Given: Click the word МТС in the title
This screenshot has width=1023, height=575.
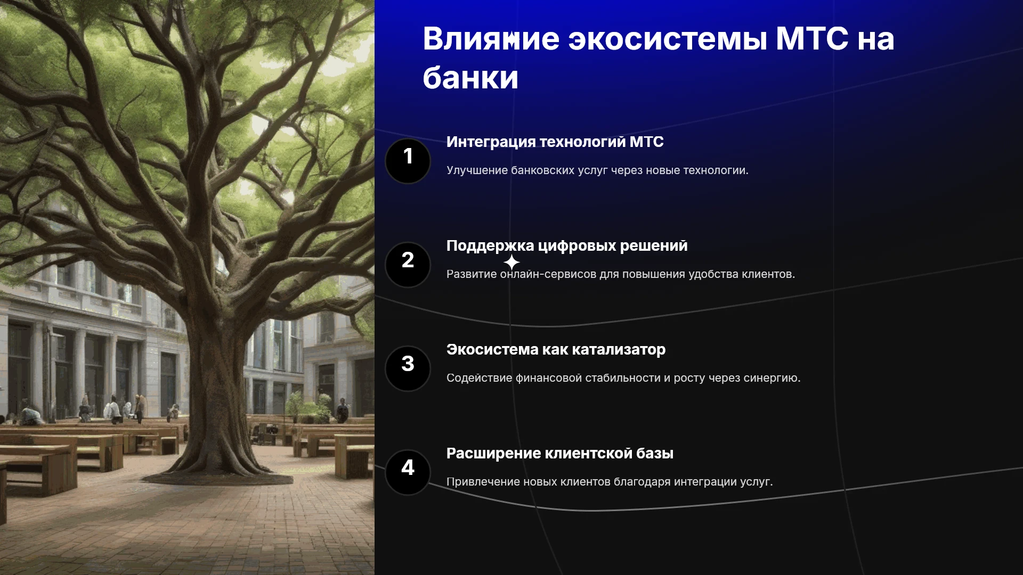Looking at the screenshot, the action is pos(812,39).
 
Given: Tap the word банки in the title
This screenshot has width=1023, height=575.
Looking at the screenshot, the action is pos(470,78).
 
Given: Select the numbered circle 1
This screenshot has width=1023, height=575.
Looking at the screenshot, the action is pos(408,161).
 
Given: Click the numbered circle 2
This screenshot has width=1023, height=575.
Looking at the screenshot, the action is pos(408,265).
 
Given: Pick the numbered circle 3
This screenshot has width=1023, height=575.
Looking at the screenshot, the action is pos(408,368).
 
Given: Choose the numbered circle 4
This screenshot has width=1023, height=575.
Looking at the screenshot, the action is pos(408,472).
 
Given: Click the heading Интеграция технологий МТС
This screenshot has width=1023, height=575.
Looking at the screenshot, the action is pos(555,142).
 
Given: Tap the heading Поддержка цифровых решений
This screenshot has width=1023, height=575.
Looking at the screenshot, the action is pos(567,246).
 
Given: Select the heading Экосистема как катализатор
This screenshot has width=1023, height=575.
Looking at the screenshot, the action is pos(556,350).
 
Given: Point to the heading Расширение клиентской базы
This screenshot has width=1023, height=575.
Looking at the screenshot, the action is pos(559,454).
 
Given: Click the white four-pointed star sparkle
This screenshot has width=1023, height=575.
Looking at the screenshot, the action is pos(511,262).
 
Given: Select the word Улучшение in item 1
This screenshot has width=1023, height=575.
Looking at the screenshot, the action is pos(477,170).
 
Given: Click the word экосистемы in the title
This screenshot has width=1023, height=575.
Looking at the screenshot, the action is pos(668,39).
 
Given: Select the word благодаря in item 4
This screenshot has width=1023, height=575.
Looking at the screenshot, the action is pos(642,482).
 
